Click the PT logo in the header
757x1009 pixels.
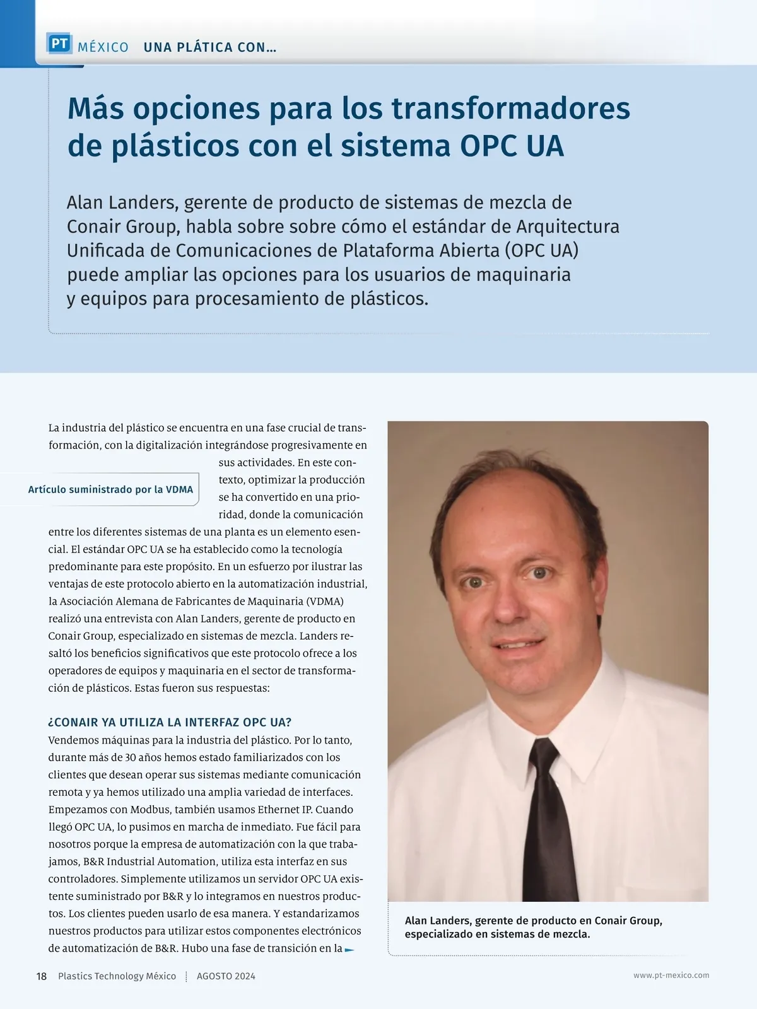(x=59, y=44)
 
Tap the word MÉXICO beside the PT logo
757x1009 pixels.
(x=103, y=47)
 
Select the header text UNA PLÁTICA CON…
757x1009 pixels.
(x=210, y=47)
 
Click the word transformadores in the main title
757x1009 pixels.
(x=510, y=108)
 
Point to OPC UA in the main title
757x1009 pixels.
(x=512, y=146)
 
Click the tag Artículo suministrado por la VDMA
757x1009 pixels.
(x=110, y=489)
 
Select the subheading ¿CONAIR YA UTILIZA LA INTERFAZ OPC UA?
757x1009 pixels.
(x=170, y=722)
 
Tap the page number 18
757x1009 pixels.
(x=42, y=976)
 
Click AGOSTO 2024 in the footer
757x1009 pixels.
(x=226, y=976)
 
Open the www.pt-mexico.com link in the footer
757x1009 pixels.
(x=671, y=975)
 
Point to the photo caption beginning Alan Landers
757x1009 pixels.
(x=533, y=927)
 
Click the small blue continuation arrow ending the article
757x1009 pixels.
(x=349, y=949)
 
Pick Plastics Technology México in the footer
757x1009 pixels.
(x=117, y=976)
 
